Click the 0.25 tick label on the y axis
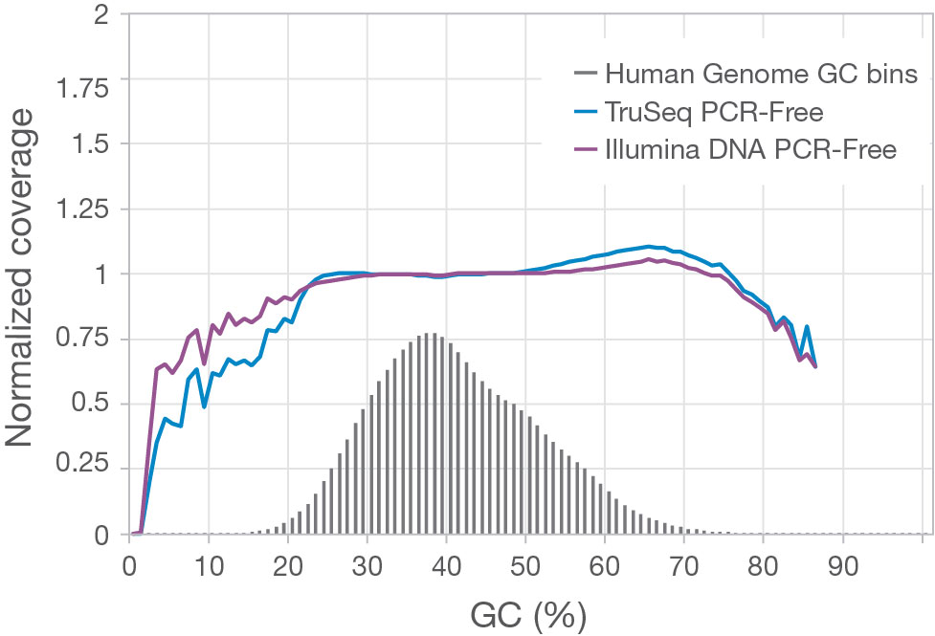(81, 469)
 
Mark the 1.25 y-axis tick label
(81, 208)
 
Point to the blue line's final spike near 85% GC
(808, 327)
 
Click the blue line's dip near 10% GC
(205, 406)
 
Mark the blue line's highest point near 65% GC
(649, 246)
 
